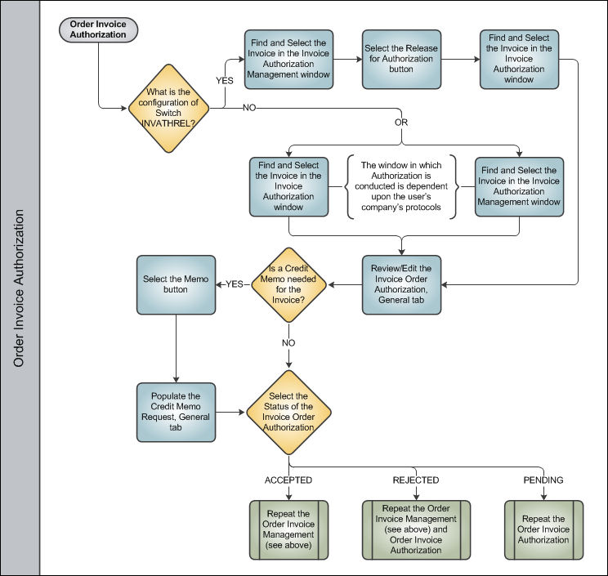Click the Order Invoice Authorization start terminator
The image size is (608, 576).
click(x=98, y=29)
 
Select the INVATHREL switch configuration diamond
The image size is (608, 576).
click(x=168, y=108)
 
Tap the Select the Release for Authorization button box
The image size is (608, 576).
click(x=401, y=60)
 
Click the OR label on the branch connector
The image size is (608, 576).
click(x=401, y=123)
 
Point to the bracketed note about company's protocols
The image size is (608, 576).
click(x=401, y=186)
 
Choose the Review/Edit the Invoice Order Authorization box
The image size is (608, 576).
click(x=401, y=284)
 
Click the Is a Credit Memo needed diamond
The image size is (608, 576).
click(x=288, y=284)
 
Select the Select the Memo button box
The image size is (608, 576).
click(x=176, y=284)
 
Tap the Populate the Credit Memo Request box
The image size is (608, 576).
click(x=176, y=412)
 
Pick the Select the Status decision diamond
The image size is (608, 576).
click(x=288, y=412)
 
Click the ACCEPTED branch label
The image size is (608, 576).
click(x=288, y=480)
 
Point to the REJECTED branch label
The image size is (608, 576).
click(x=416, y=480)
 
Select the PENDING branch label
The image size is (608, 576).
click(x=543, y=480)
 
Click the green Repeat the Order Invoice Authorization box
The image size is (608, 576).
click(x=543, y=530)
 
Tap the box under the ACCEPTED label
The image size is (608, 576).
click(x=288, y=530)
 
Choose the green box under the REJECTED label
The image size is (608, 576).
click(x=416, y=530)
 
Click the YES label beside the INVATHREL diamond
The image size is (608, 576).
click(x=225, y=81)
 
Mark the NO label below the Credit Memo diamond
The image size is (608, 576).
click(x=288, y=343)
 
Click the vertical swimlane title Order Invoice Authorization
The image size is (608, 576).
click(x=19, y=288)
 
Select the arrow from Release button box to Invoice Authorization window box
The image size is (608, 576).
click(x=461, y=60)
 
